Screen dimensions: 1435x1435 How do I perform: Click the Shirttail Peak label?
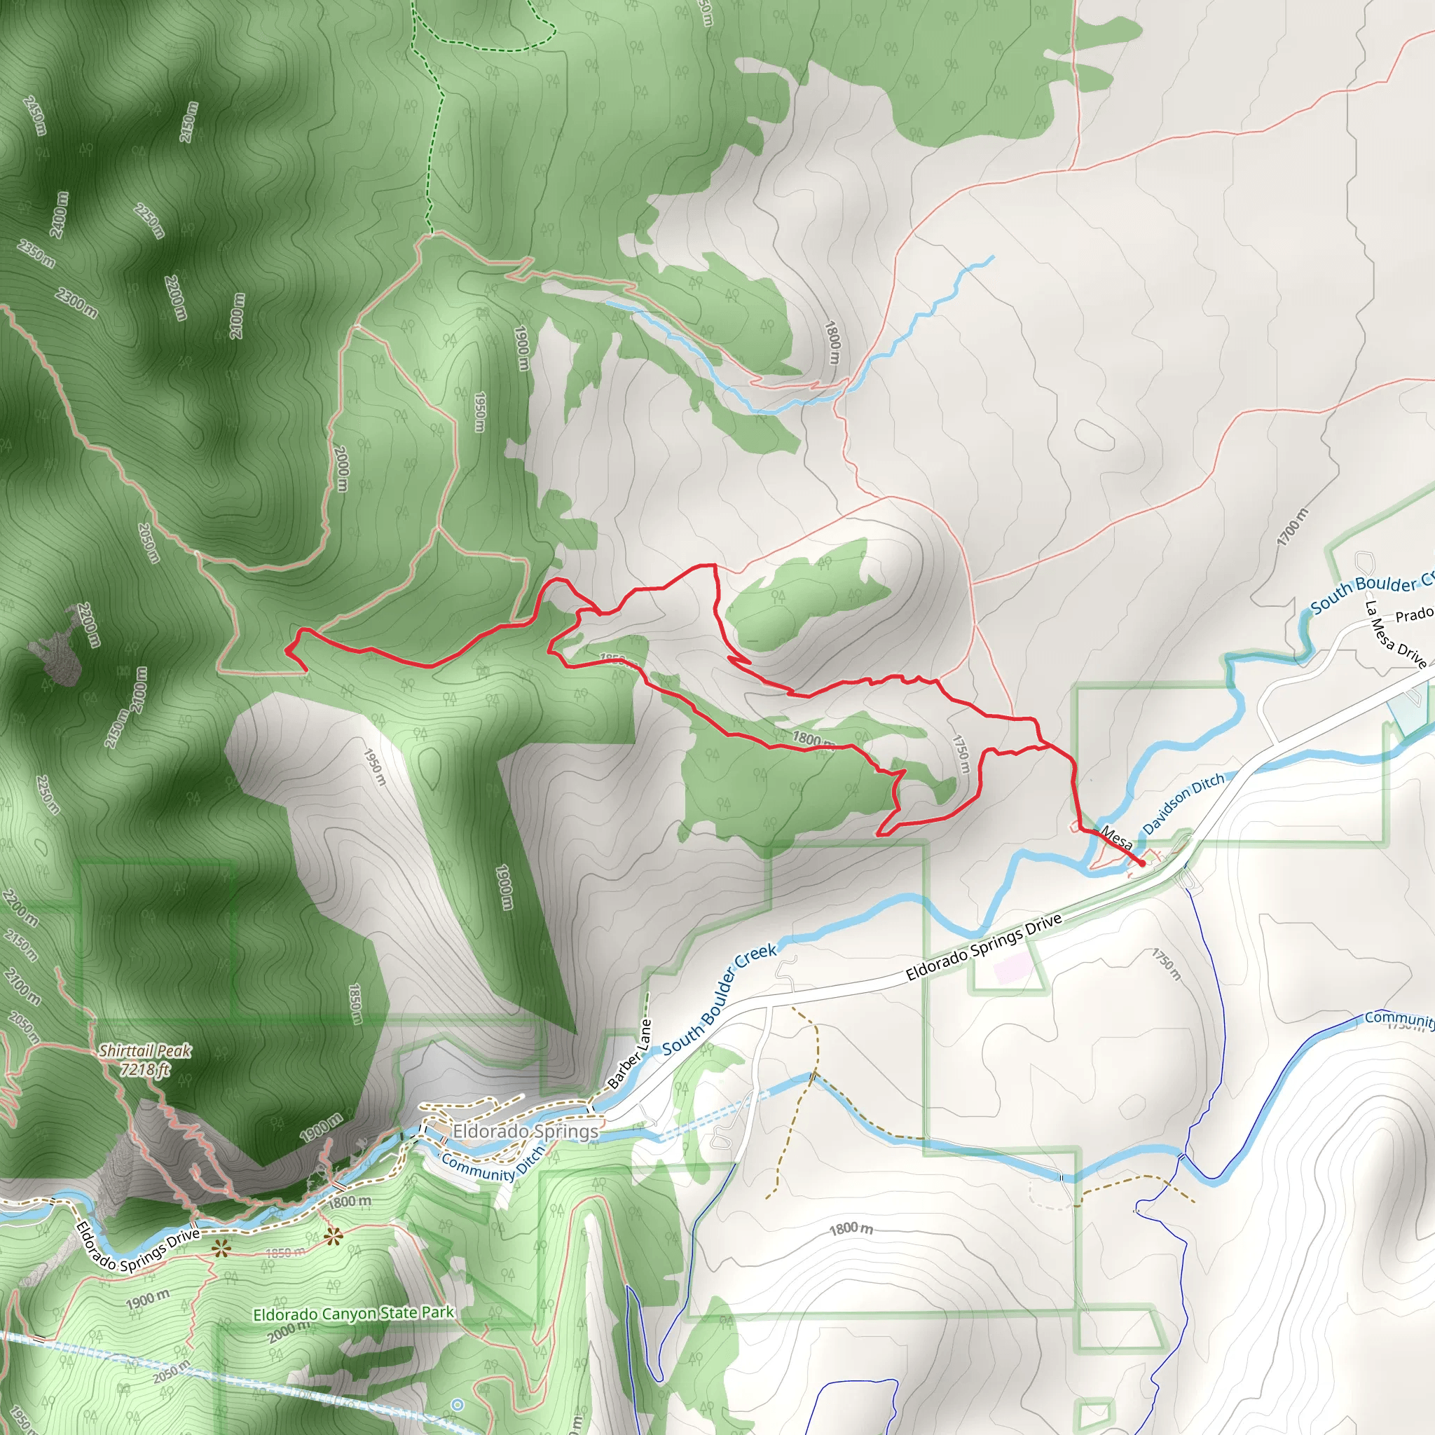pos(145,1051)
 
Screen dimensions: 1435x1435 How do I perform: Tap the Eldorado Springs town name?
pos(525,1131)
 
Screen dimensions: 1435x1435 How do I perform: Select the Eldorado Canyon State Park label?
pos(353,1313)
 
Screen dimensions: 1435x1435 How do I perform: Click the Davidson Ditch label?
pos(1183,804)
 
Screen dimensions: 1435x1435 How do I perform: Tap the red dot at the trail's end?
pos(1141,864)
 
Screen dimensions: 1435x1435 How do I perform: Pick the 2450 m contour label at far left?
pos(34,116)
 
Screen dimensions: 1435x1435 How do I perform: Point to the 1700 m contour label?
pos(1292,528)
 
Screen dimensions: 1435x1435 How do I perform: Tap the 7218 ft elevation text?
pos(146,1069)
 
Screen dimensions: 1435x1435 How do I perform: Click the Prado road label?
pos(1413,615)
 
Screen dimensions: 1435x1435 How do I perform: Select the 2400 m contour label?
pos(59,214)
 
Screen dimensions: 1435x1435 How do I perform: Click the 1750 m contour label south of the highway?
pos(1165,964)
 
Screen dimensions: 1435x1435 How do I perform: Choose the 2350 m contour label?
pos(36,254)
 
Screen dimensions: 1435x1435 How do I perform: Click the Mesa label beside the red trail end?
pos(1116,838)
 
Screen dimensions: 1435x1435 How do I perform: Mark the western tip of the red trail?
pos(287,651)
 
